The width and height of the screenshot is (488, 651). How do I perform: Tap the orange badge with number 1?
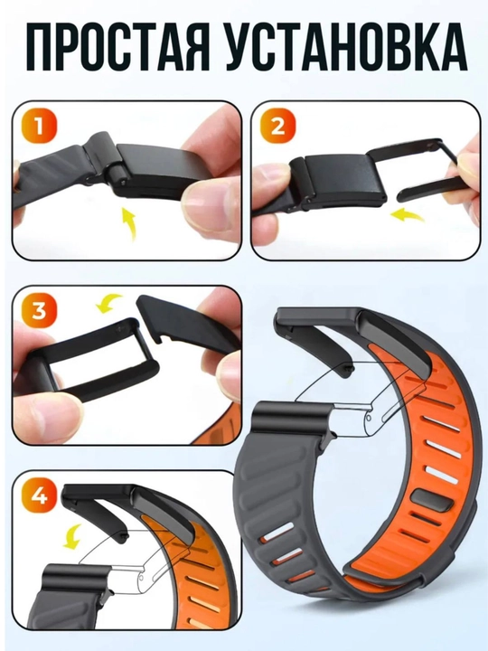(x=40, y=127)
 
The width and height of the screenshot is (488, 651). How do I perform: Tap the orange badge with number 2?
(x=278, y=127)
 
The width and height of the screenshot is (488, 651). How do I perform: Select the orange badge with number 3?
(x=40, y=311)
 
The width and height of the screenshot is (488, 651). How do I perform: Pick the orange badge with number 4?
(x=40, y=496)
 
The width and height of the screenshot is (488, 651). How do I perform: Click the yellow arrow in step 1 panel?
(x=129, y=224)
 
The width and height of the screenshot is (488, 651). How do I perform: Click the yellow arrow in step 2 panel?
(x=408, y=216)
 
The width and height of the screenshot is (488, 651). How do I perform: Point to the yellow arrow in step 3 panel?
(x=108, y=303)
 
